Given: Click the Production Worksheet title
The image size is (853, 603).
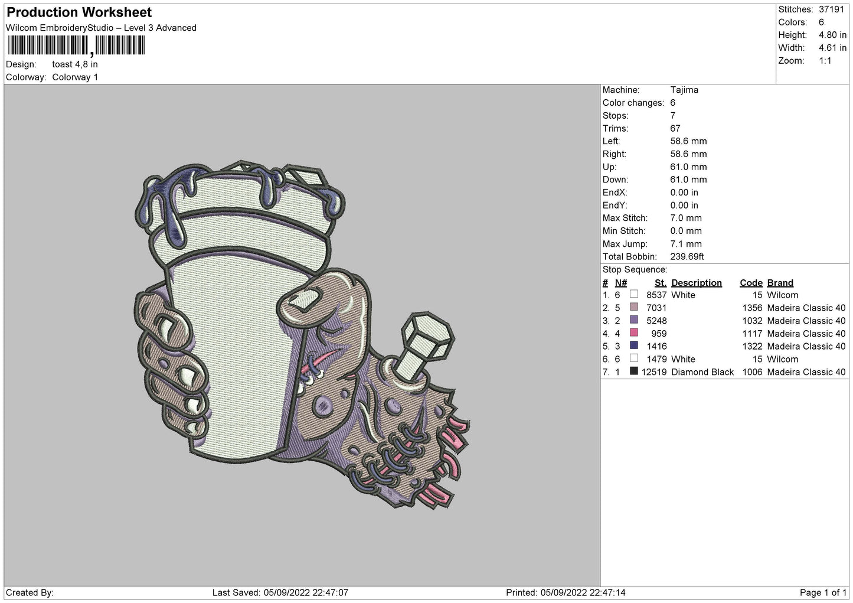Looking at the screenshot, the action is point(79,12).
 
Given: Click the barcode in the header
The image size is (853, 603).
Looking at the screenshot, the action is point(76,45).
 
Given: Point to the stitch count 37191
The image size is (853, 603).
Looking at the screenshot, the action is point(831,9).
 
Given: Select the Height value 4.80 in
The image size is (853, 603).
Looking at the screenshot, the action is point(832,35).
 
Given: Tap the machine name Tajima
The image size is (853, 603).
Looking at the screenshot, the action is point(684,90).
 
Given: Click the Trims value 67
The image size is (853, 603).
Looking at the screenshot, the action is point(675,128).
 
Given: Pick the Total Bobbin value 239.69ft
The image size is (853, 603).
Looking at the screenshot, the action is point(687,256).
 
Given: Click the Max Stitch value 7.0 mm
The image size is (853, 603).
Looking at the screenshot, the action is point(685,218).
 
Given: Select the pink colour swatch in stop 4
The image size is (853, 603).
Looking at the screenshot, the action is point(633,333).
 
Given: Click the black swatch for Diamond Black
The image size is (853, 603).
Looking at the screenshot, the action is point(633,371).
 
